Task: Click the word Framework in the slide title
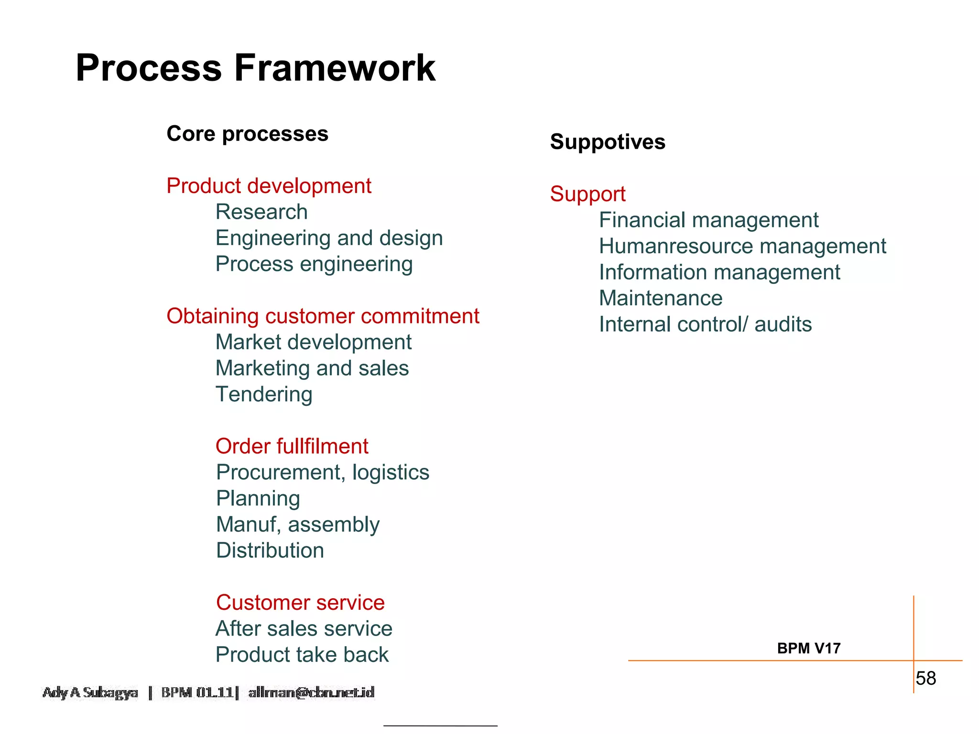335,68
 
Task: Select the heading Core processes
247,134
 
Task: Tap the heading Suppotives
608,142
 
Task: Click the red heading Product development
269,186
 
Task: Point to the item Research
261,212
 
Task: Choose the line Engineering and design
329,238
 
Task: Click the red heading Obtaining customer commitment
323,316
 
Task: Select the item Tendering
264,394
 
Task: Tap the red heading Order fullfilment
292,446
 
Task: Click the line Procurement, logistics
323,472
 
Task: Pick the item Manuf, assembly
298,524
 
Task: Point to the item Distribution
270,550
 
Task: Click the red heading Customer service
300,603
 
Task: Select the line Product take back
302,655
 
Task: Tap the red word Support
587,194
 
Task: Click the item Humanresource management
742,247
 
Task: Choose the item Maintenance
661,298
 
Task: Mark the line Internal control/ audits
705,324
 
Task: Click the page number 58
925,678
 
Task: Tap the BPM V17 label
808,648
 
